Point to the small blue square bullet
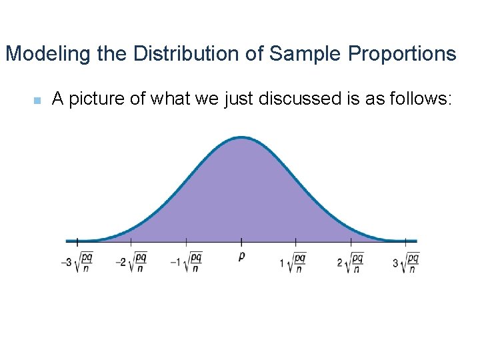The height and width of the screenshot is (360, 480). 37,101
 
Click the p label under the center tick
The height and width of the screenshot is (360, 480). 241,256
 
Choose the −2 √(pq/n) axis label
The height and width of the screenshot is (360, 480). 131,261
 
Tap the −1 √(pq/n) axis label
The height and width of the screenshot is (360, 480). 186,261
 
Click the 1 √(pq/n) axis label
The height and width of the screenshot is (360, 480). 293,261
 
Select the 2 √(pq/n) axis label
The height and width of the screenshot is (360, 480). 350,261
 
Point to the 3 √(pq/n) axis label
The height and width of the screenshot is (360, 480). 406,261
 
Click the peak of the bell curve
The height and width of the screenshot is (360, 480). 241,138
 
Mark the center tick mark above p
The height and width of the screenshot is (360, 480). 241,241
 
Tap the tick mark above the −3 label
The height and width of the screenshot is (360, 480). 77,241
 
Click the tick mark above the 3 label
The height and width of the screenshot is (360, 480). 406,241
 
